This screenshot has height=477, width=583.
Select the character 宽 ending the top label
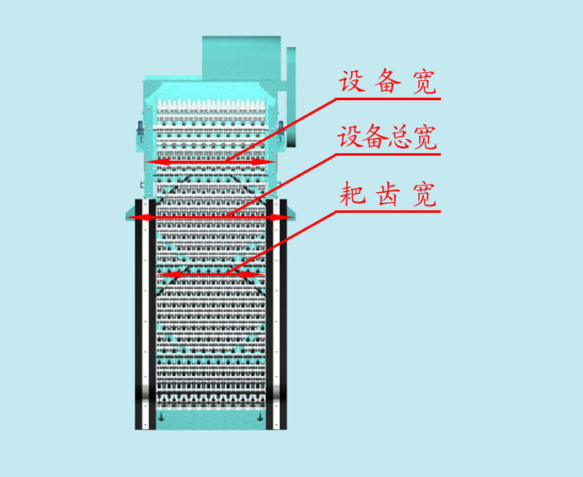pyautogui.click(x=424, y=83)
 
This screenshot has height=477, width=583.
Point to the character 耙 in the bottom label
pyautogui.click(x=351, y=195)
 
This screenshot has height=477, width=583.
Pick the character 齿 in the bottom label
pyautogui.click(x=388, y=195)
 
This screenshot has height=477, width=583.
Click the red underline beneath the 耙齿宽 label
pyautogui.click(x=389, y=210)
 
